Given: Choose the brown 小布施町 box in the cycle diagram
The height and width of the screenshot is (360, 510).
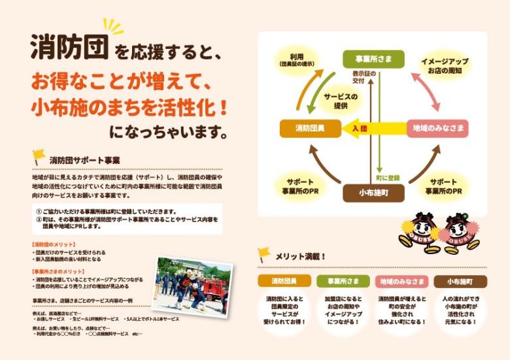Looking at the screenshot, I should click(x=371, y=193).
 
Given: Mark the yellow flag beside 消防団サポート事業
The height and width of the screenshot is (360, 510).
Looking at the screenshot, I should click(x=39, y=157).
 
